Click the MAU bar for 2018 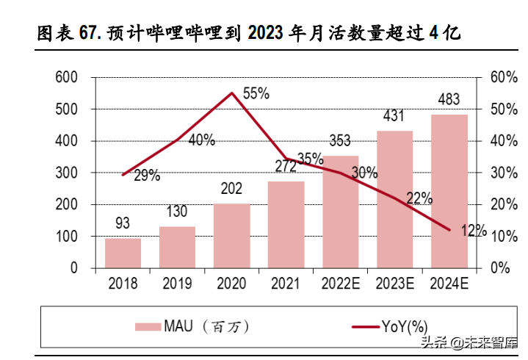click(123, 253)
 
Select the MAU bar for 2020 click(231, 235)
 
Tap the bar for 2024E click(449, 191)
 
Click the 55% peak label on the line click(256, 93)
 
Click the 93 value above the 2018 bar click(123, 222)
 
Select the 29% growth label click(147, 176)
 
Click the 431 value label click(394, 116)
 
